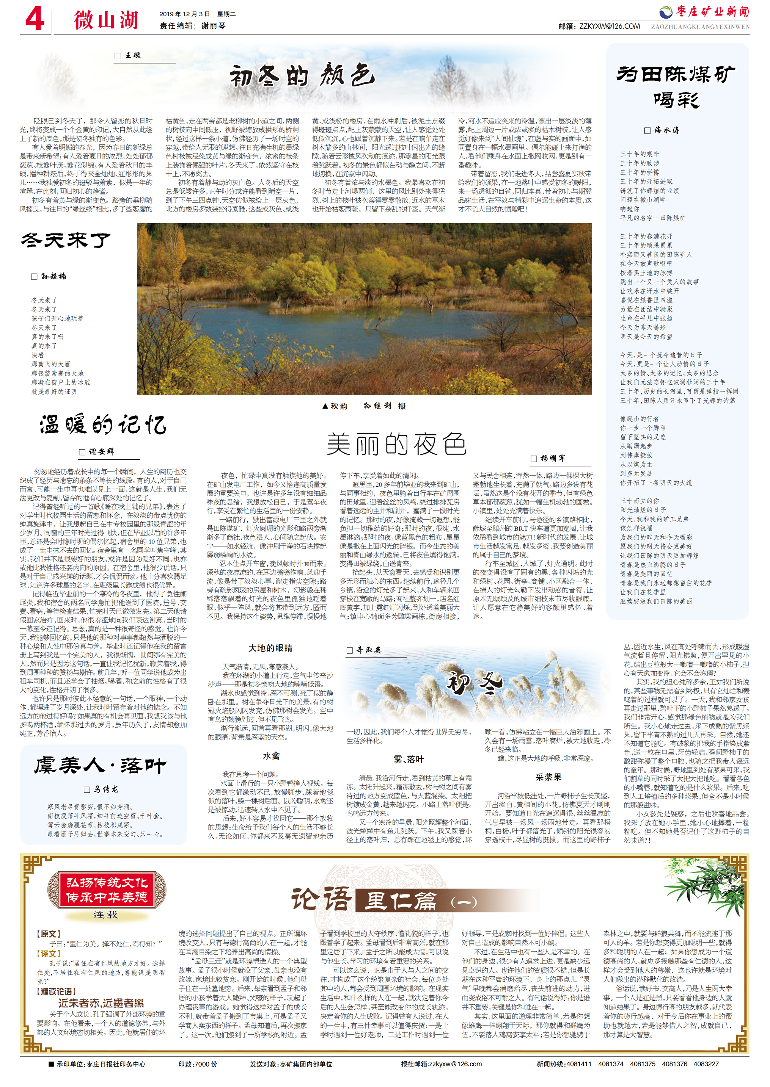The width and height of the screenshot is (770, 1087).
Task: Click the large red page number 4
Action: [35, 20]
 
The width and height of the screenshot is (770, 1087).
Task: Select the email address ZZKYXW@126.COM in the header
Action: [609, 27]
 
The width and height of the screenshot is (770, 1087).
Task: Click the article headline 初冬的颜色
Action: [303, 76]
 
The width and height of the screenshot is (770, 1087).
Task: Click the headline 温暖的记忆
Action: [103, 424]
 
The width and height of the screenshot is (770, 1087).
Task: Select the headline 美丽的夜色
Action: [396, 444]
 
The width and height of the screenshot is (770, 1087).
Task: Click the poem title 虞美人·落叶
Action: [100, 765]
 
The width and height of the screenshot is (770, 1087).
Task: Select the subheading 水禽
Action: [271, 756]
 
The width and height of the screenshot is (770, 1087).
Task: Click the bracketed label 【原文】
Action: [49, 934]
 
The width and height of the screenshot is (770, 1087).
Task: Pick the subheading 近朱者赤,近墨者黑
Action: [101, 1003]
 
